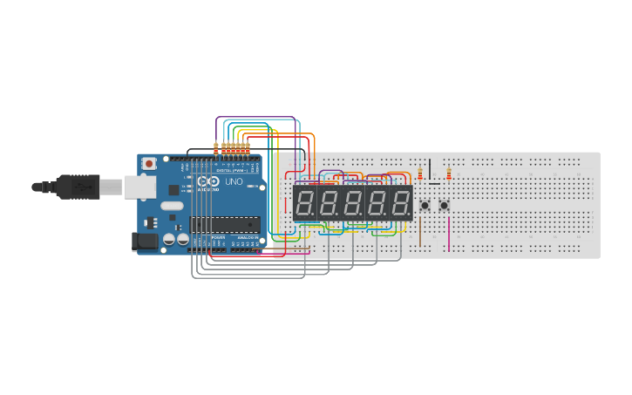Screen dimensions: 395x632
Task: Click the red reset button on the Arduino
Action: pos(149,163)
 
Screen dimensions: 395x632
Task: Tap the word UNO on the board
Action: pos(234,181)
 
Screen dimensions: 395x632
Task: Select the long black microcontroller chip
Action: pos(226,224)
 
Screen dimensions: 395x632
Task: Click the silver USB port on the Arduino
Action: pos(138,186)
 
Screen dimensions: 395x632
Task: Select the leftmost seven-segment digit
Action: pos(306,204)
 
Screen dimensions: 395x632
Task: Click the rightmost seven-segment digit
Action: pos(401,204)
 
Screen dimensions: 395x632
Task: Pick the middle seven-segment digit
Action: pos(353,204)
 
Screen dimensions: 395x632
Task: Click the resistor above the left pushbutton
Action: pos(420,173)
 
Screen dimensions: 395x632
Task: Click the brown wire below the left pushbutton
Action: pos(420,231)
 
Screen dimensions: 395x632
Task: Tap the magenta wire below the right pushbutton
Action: pos(449,234)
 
